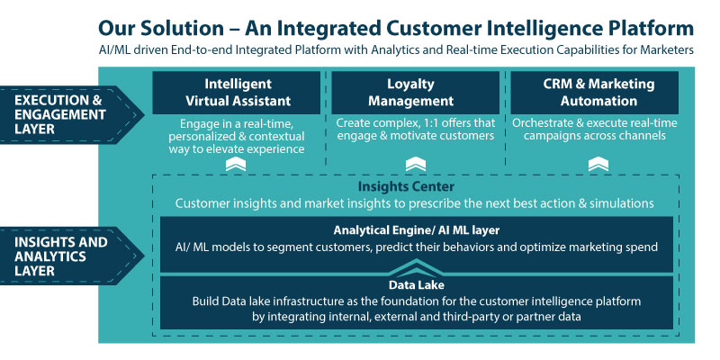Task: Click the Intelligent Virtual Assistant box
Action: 236,93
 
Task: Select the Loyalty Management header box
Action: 415,93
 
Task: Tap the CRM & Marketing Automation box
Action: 594,93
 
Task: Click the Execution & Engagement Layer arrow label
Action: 69,115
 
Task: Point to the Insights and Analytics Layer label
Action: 69,256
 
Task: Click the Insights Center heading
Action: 406,187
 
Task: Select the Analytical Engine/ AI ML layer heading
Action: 417,229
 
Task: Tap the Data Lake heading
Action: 417,285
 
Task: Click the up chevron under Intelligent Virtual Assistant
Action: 236,165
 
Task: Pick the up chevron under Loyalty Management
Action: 416,165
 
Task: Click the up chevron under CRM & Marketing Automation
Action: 598,165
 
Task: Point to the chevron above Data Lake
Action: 417,266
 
